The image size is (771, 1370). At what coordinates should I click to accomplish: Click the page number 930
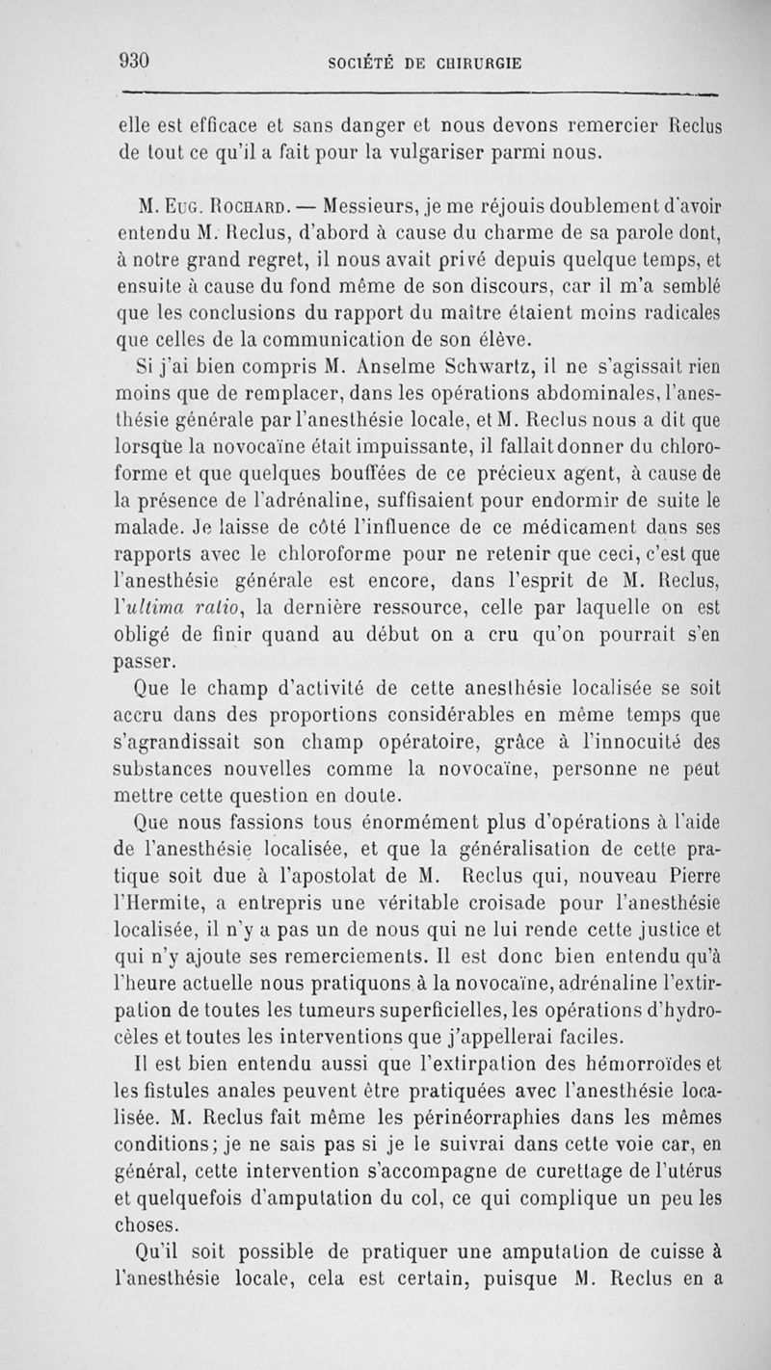pyautogui.click(x=134, y=61)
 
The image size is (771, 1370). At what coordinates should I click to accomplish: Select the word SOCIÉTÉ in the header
pyautogui.click(x=364, y=64)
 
